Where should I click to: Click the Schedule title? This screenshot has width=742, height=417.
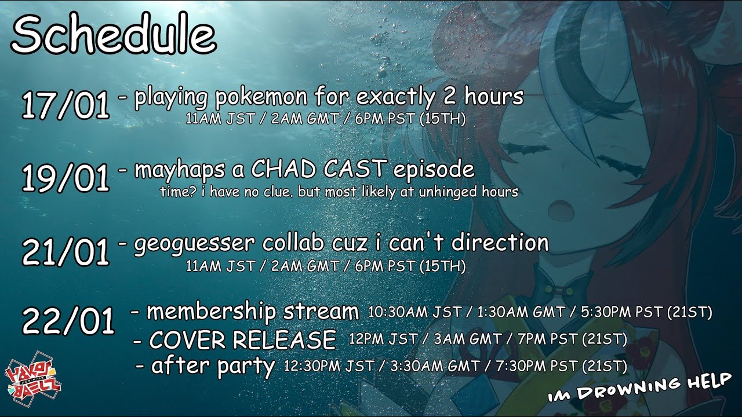coord(114,34)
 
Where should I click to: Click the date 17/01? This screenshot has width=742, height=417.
coord(66,105)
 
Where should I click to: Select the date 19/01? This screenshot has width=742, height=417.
coord(66,178)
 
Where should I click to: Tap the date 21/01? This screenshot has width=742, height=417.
coord(66,251)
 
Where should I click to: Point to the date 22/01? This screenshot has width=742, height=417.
coord(68,320)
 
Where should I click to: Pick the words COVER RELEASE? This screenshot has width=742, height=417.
coord(242,339)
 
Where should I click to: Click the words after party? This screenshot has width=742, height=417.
coord(213,366)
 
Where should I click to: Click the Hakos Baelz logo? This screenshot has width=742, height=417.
coord(32,379)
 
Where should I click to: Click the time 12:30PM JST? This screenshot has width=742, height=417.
coord(329,366)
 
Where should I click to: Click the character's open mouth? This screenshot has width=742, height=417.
coord(561,207)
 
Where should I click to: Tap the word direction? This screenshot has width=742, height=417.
coord(500,243)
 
